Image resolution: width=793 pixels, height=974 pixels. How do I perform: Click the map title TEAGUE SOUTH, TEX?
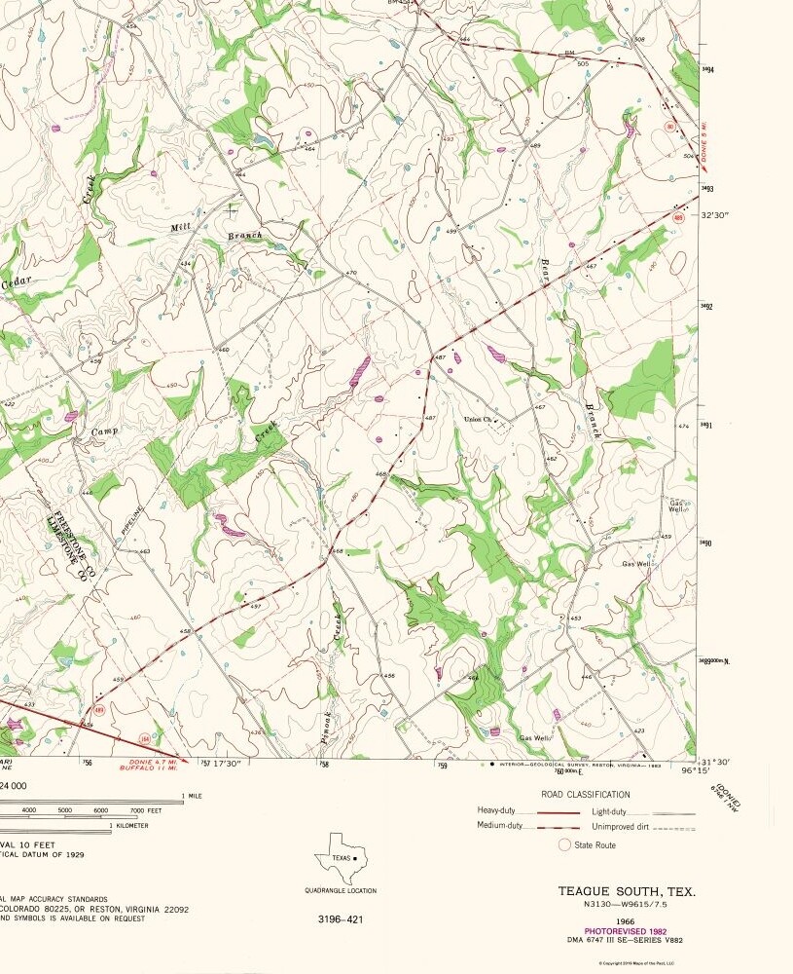(627, 891)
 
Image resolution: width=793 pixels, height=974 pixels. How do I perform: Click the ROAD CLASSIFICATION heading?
(585, 795)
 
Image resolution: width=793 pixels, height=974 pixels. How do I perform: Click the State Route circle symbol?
(563, 844)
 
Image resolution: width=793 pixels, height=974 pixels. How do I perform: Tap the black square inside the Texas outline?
(355, 858)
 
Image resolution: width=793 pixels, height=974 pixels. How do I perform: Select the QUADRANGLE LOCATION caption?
(340, 890)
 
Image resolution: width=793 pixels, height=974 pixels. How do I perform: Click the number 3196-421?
(340, 918)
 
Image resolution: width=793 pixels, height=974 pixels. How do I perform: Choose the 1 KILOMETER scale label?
(129, 825)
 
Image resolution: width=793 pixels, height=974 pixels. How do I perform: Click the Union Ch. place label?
(480, 419)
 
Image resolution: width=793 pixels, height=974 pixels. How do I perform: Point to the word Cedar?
(17, 282)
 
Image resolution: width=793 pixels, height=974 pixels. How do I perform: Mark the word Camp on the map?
(104, 431)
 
